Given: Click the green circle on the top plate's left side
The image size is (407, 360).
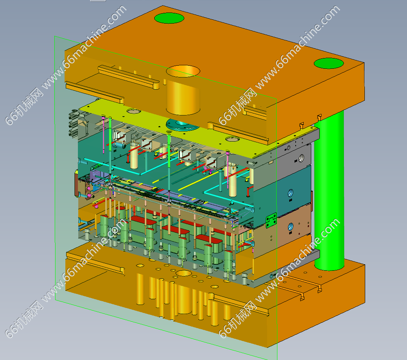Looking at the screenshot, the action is [169, 18].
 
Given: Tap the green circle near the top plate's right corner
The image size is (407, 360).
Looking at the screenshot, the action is [329, 63].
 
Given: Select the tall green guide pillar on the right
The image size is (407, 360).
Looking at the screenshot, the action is [329, 191].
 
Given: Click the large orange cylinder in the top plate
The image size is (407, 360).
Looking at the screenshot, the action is [183, 90].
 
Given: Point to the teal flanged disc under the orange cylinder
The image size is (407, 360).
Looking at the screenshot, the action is [182, 125].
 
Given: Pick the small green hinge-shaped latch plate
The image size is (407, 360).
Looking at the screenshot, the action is [271, 220].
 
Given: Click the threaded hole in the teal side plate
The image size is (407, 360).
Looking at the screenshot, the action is [290, 193].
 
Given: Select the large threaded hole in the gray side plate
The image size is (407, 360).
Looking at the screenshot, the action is [301, 158].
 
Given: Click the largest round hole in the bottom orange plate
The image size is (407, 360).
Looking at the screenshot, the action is [184, 273].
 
